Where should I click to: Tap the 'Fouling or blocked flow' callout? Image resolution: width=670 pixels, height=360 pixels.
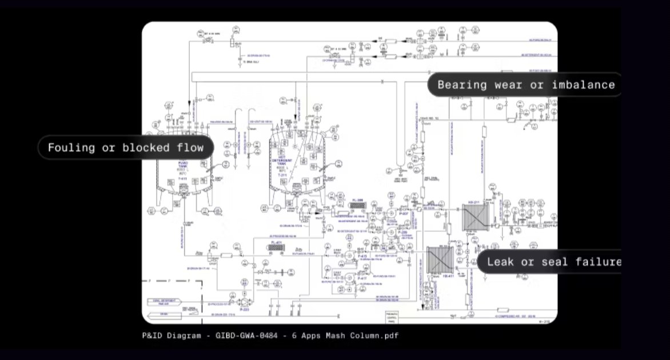(125, 148)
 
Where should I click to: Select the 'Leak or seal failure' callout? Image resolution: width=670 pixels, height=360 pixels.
(552, 262)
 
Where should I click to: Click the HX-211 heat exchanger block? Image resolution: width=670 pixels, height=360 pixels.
(475, 218)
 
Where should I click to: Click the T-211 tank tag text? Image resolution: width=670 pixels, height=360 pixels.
(282, 175)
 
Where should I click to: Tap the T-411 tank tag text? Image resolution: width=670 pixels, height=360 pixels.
(182, 178)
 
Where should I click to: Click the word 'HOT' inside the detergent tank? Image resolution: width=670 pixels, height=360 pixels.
(282, 158)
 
